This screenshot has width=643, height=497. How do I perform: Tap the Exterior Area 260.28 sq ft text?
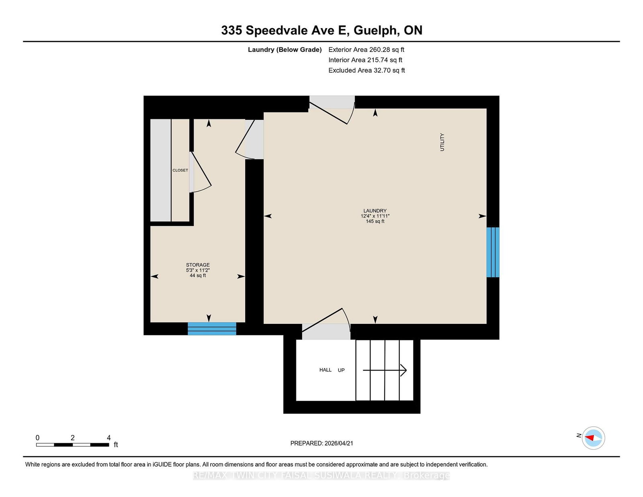coord(366,50)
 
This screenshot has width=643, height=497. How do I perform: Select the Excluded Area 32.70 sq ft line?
coord(367,70)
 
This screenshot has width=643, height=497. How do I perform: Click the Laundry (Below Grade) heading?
coord(285,50)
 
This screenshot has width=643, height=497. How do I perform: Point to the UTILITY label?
coord(442,142)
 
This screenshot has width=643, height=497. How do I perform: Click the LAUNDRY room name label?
coord(375,211)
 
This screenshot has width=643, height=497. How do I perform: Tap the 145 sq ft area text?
coord(375,221)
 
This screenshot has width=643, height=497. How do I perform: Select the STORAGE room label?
coord(198,265)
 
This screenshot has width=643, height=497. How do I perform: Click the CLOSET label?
coord(180,170)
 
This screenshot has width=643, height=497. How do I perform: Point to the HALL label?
coord(326,370)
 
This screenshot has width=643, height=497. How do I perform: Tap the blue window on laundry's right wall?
coord(493,252)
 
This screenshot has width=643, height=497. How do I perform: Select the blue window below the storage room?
coord(212,329)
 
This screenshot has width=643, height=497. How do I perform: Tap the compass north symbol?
coord(593,438)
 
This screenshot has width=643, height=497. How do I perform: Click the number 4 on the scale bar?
coord(109,438)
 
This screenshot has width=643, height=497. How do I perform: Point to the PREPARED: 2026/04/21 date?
coord(321,443)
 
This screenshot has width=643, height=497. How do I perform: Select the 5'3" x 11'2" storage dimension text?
coord(198,270)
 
